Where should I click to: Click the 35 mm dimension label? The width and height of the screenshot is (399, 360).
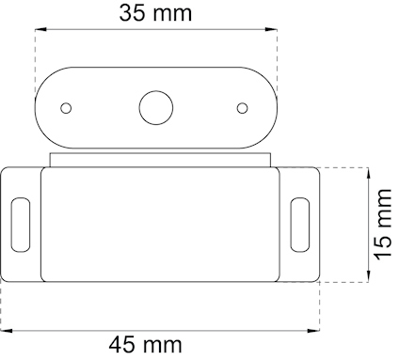coord(156,13)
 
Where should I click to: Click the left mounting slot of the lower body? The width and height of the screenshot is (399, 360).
coord(19,226)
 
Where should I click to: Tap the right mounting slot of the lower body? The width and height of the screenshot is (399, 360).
coord(299,226)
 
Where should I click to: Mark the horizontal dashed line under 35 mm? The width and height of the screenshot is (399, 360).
coord(156,31)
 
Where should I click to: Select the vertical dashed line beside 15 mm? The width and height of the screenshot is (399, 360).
coord(367,226)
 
